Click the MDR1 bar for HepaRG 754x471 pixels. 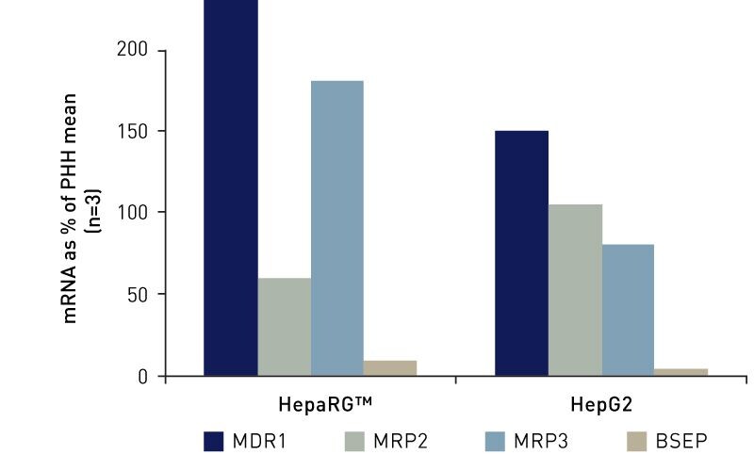click(x=231, y=188)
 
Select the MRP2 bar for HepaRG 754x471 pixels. click(x=284, y=327)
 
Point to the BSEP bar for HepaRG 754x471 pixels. click(x=390, y=368)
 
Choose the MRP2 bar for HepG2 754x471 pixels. click(x=575, y=290)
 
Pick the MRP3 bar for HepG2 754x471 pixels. click(x=628, y=310)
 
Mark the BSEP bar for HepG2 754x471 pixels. click(x=680, y=372)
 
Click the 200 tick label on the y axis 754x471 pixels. click(x=132, y=50)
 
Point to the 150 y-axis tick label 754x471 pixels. click(x=132, y=131)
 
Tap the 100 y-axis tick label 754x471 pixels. click(x=132, y=213)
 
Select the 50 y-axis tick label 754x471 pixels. click(x=137, y=294)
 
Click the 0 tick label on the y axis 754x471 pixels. click(x=141, y=376)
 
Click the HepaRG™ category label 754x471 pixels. click(x=325, y=405)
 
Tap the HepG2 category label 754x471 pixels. click(x=600, y=405)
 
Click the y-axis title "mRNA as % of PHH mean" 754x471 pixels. click(x=73, y=208)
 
